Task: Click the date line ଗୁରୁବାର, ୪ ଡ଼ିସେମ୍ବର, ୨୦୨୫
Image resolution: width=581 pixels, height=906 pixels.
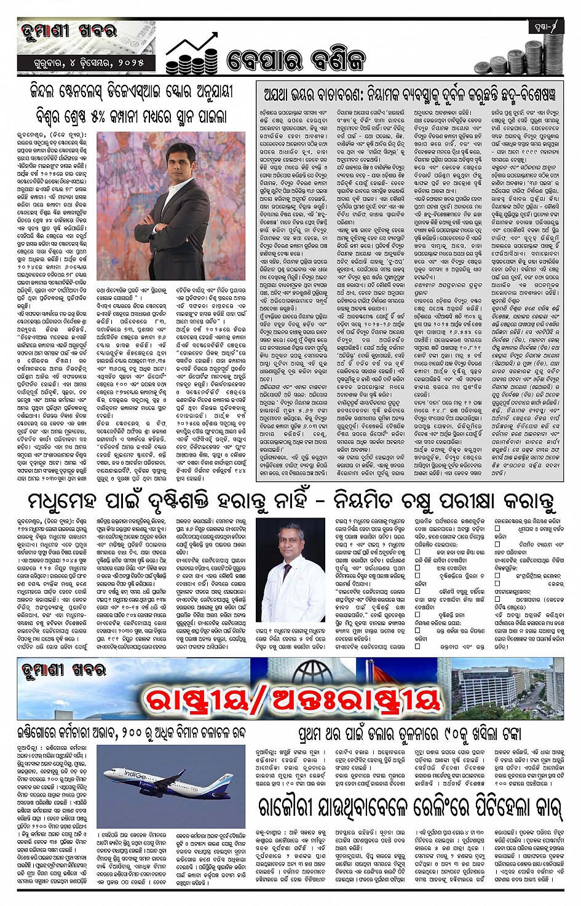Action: [90, 63]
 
